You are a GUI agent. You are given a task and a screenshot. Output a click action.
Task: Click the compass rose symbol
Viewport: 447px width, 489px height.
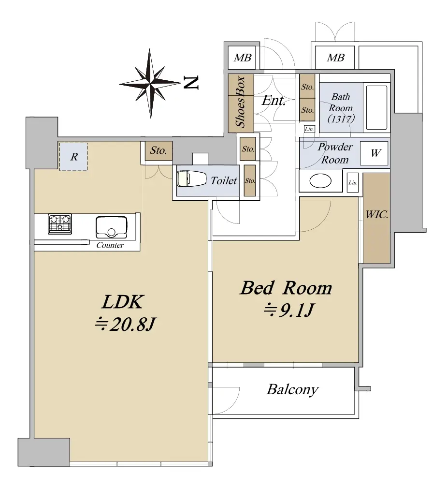[150, 84]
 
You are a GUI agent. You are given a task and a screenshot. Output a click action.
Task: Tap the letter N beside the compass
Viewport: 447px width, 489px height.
[190, 83]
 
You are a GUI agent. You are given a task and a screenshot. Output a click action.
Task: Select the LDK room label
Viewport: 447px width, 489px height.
[123, 302]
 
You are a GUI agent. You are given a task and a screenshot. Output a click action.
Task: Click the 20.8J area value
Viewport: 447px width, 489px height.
[125, 325]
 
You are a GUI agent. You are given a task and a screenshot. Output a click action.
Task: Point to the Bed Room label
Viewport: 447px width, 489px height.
[286, 288]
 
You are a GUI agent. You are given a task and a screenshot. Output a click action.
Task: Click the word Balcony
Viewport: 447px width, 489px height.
[292, 390]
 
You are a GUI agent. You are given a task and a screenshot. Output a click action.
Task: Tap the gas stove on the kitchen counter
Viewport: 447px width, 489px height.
[60, 224]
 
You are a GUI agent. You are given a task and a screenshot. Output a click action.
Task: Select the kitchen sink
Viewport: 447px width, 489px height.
[112, 227]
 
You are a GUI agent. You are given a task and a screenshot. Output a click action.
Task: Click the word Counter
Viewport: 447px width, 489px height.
[110, 245]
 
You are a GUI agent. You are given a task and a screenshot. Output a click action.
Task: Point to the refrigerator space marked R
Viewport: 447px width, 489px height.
[73, 157]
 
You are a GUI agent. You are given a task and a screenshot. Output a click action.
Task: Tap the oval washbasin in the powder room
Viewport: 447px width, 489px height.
[320, 181]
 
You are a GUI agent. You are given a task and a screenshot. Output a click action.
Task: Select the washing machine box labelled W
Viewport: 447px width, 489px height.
[374, 153]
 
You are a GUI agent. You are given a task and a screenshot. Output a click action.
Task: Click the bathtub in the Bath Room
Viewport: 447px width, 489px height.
[376, 107]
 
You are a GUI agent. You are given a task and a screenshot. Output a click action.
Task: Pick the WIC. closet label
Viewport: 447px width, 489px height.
[377, 215]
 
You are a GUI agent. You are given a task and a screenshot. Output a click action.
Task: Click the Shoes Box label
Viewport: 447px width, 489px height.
[240, 102]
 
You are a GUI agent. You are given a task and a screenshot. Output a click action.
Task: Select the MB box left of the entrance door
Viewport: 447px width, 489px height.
[242, 58]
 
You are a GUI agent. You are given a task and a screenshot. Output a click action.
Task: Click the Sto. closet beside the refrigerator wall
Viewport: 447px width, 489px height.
[158, 151]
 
